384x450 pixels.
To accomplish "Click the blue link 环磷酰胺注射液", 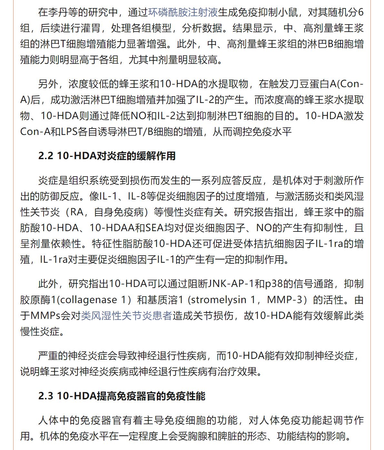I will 183,13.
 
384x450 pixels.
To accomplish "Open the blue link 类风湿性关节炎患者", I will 126,316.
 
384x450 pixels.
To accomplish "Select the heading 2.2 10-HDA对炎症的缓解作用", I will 107,156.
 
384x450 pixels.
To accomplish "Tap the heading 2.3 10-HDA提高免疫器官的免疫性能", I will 122,396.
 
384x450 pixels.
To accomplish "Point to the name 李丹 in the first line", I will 58,13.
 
